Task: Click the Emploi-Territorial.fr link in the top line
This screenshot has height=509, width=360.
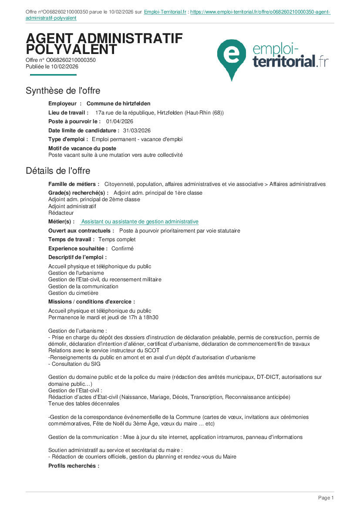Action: tap(165, 12)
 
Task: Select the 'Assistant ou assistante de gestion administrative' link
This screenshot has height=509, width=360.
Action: tap(140, 222)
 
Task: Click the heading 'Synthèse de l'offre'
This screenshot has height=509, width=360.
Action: tap(63, 91)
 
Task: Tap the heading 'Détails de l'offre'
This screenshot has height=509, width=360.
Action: tap(58, 170)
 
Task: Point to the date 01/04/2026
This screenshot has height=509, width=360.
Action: tap(119, 121)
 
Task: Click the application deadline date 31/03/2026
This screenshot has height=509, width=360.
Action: tap(137, 130)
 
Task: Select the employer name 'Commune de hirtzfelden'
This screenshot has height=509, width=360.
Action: tap(118, 104)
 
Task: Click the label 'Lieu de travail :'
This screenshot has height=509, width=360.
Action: tap(68, 113)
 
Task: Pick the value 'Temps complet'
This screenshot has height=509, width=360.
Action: tap(117, 239)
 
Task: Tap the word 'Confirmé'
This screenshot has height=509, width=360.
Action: tap(122, 249)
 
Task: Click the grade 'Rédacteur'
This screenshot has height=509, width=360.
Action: tap(61, 213)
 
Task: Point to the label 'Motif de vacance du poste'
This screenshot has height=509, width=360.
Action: tap(82, 148)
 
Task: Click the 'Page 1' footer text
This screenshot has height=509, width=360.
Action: tap(326, 498)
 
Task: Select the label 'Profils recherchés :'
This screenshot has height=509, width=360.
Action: tap(74, 465)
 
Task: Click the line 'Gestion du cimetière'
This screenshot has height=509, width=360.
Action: tap(73, 293)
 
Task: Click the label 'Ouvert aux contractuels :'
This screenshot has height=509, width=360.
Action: tap(81, 231)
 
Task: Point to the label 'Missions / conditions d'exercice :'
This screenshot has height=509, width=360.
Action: tap(91, 301)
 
